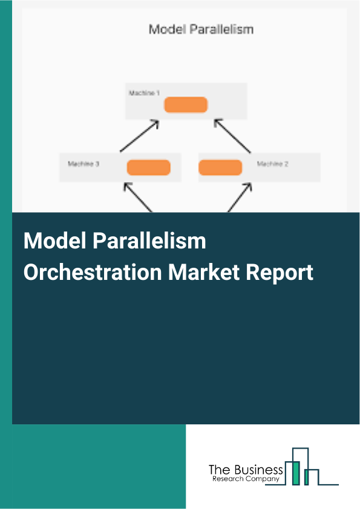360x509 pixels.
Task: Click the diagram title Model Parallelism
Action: tap(201, 29)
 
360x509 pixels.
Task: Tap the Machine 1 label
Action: tap(143, 93)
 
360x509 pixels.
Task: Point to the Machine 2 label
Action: tap(272, 164)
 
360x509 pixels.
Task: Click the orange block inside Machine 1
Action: tap(186, 105)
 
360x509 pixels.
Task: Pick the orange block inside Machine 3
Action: tap(148, 167)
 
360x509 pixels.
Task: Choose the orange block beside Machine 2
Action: tap(220, 167)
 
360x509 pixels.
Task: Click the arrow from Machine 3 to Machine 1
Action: tap(139, 136)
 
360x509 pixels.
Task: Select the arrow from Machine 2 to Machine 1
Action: tap(234, 136)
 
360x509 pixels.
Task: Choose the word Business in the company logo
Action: tap(257, 470)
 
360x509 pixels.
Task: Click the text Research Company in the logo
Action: tap(246, 479)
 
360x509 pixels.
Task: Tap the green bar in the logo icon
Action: tap(295, 472)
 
